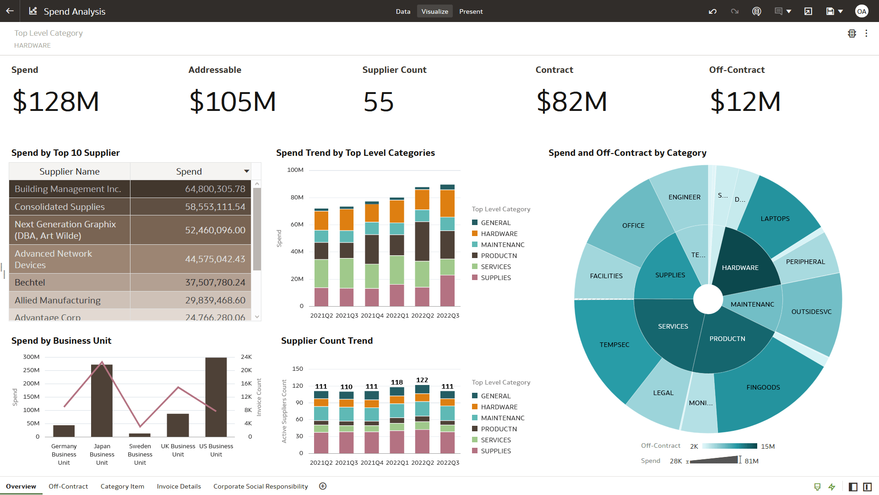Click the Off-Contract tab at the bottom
(68, 486)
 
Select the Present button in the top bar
(471, 11)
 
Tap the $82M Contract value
(571, 101)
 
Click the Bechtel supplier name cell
(30, 282)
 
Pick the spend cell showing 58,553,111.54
(215, 207)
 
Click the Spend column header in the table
(189, 171)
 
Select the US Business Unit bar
(216, 397)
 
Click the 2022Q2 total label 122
(422, 380)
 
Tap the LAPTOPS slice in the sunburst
(775, 219)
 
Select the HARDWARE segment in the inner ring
(740, 268)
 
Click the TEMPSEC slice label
(614, 345)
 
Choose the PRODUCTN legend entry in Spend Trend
(499, 256)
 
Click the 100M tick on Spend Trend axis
(295, 170)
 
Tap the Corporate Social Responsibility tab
(260, 486)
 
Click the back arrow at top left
(10, 11)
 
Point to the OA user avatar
(862, 11)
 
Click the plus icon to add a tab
(323, 486)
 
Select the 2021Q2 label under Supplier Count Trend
(321, 462)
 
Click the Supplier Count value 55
(378, 101)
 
